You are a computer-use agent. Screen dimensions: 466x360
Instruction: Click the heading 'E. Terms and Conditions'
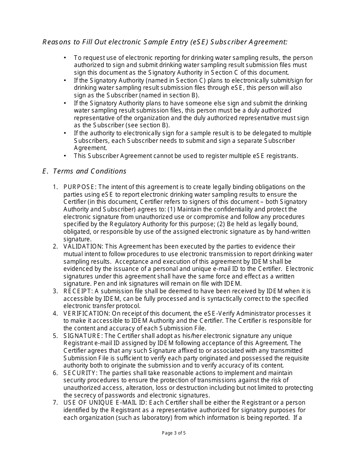point(84,171)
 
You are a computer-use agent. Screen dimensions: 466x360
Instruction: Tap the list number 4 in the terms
point(55,313)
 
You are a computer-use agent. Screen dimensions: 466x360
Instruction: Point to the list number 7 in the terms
point(55,403)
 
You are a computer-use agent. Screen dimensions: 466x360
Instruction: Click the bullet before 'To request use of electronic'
point(65,58)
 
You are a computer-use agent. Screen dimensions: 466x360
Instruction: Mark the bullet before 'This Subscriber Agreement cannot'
point(65,156)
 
